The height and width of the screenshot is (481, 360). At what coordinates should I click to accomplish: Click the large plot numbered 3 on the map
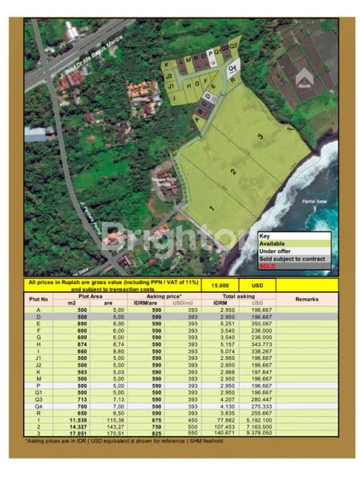tap(261, 137)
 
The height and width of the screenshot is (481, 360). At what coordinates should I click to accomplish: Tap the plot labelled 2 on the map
tap(233, 171)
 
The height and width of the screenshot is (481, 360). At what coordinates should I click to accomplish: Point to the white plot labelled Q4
tap(233, 69)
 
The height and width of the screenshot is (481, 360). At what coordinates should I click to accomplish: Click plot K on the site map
tap(167, 65)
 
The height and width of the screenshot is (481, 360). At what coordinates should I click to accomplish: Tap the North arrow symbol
tap(303, 79)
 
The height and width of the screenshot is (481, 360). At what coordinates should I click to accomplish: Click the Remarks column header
tap(306, 298)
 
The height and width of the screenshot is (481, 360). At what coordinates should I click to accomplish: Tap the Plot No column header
tap(39, 298)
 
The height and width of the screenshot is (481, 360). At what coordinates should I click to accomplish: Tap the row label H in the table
tap(38, 343)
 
